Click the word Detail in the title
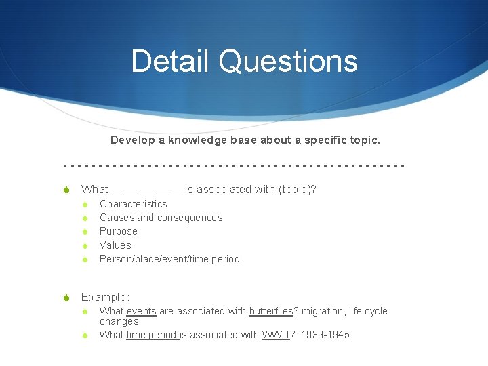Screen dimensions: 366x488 point(171,61)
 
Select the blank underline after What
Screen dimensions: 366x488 point(146,190)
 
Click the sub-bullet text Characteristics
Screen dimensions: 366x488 point(133,204)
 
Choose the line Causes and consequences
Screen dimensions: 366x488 point(161,218)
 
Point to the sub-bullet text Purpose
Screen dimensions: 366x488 point(118,231)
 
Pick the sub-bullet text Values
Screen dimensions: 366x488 point(115,245)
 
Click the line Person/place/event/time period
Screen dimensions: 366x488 point(169,259)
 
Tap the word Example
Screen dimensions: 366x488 point(104,297)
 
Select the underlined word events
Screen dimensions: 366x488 point(141,311)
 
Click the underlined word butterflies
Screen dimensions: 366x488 point(271,311)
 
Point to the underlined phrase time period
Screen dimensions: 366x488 point(152,335)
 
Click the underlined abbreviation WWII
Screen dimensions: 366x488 point(276,335)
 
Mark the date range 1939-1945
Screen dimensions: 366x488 point(325,335)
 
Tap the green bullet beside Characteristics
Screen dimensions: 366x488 point(86,204)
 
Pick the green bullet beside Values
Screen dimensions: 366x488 point(86,245)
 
